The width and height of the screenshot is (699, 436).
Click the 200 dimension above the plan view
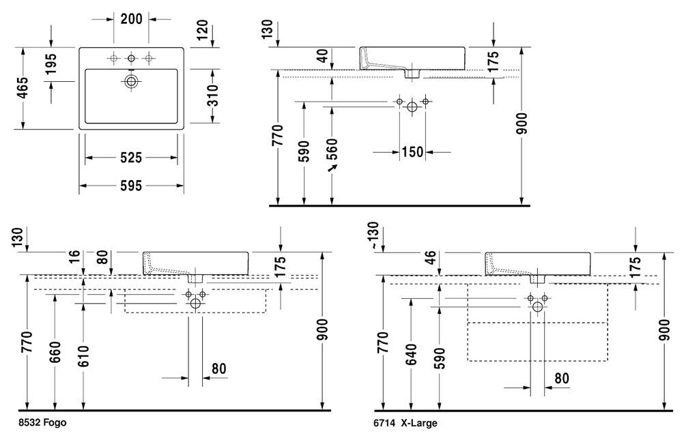coord(132,18)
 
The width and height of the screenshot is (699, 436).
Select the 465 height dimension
coord(23,88)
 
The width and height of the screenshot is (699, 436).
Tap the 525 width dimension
coord(131,158)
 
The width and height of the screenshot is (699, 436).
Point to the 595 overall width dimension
coord(131,186)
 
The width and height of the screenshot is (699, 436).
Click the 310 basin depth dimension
coord(214,96)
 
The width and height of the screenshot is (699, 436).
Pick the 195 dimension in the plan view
coord(51,63)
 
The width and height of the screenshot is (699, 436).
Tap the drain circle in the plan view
coord(131,81)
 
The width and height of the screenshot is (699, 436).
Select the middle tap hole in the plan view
coord(131,58)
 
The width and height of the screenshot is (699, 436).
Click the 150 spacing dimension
coord(412,151)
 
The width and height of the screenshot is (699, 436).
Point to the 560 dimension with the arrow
coord(332,149)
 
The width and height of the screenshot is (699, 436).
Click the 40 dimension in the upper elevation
coord(322,56)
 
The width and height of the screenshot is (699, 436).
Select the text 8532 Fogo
coord(43,422)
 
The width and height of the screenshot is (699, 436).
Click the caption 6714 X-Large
coord(405,423)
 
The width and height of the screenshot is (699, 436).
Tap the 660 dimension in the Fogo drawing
coord(55,352)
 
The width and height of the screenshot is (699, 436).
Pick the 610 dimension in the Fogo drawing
coord(83,355)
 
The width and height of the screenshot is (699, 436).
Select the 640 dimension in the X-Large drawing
coord(411,354)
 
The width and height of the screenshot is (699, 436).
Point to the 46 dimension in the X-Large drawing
coord(430,258)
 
